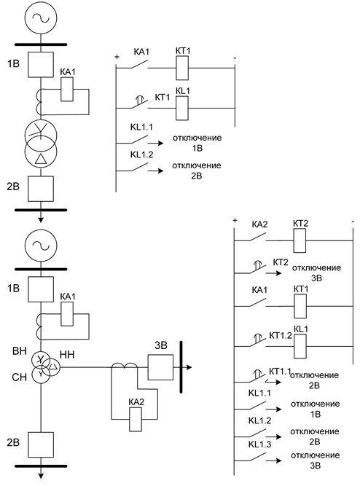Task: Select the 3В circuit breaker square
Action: tap(160, 367)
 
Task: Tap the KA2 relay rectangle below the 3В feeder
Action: tap(136, 420)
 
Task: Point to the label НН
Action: tap(66, 355)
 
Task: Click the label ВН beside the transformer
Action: tap(19, 351)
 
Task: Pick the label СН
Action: tap(19, 377)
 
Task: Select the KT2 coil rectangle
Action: tap(300, 240)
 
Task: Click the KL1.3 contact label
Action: tap(259, 444)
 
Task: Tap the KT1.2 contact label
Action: tap(281, 335)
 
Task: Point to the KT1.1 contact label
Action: tap(279, 371)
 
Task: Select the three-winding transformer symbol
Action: tap(44, 367)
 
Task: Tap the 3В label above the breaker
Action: tap(161, 345)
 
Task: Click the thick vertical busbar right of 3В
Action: tap(181, 367)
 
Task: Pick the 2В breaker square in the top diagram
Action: tap(41, 189)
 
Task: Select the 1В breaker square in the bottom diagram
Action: tap(41, 289)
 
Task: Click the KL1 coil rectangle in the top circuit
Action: tap(182, 108)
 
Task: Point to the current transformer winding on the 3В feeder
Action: tap(125, 365)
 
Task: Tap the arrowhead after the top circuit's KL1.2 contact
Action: tap(160, 171)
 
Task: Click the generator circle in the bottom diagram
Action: tap(41, 246)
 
